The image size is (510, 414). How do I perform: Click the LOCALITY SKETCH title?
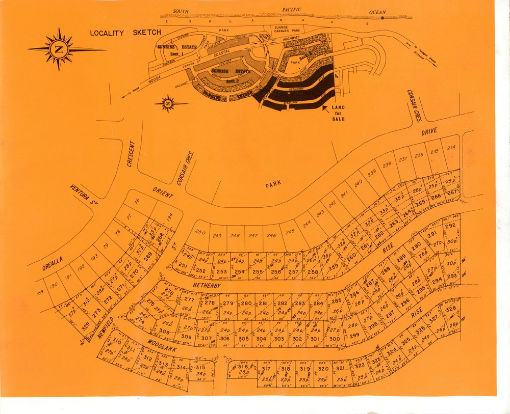125,33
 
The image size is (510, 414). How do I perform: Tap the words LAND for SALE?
338,113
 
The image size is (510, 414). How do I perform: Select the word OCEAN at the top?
378,12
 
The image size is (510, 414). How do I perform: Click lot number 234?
451,148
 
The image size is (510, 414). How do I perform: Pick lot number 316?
243,367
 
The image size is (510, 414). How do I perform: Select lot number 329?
85,325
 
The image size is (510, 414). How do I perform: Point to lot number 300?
335,339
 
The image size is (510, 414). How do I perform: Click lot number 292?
450,226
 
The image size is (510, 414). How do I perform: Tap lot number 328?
450,309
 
